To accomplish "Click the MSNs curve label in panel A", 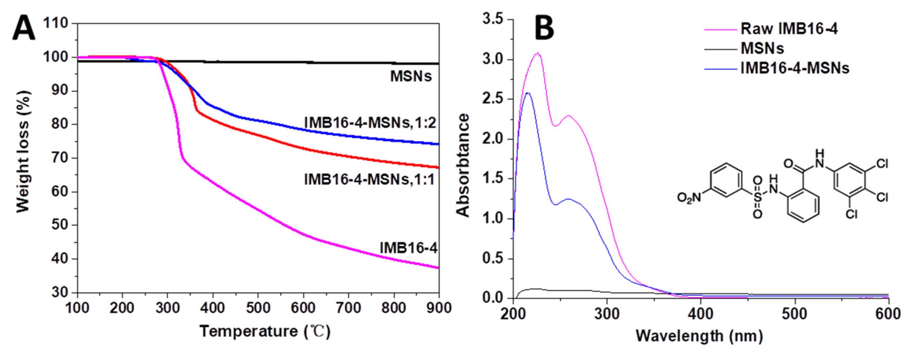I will click(411, 76).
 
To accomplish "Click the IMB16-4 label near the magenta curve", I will click(408, 248).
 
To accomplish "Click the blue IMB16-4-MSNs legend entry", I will click(795, 68).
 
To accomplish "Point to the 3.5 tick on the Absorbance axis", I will click(493, 20).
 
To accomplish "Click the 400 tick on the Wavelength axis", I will click(700, 314).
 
